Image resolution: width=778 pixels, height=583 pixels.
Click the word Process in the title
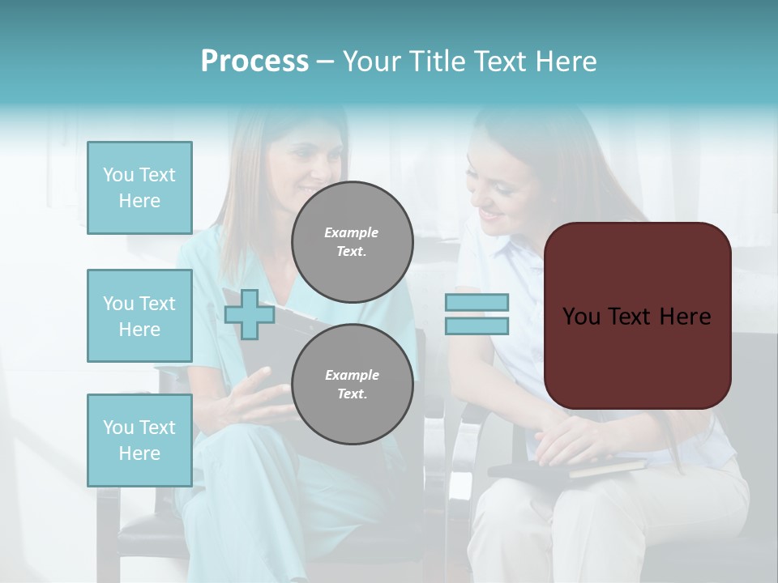coord(254,62)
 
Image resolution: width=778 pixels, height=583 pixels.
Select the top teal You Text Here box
coord(139,188)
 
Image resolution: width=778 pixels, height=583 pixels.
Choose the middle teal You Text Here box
coord(139,316)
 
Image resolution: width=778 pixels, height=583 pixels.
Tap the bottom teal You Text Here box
coord(139,440)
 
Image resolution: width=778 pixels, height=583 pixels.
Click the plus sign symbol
coord(250,313)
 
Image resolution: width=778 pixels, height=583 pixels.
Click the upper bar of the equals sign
coord(477,303)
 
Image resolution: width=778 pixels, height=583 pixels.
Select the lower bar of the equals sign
coord(477,326)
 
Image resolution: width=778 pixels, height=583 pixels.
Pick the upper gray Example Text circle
coord(353,242)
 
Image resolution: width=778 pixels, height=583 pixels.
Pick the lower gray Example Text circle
coord(353,385)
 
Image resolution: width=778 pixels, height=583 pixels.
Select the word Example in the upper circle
coord(352,232)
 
